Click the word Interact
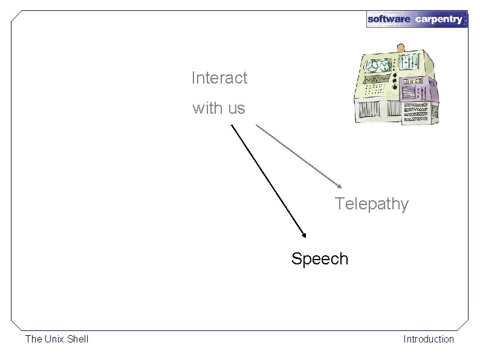pos(219,78)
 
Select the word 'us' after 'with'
pos(236,110)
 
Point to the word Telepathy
pos(372,204)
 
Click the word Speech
pos(319,259)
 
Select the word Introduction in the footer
pos(429,339)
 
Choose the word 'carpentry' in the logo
pos(439,19)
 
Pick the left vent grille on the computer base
pos(369,110)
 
